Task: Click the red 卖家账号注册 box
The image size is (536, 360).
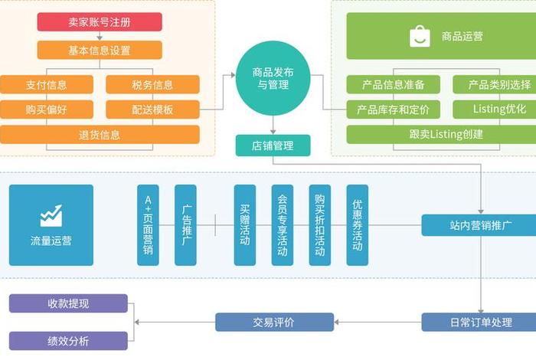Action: click(x=100, y=22)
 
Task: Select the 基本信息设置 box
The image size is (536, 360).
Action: click(x=100, y=51)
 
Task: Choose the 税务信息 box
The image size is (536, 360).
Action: click(x=152, y=84)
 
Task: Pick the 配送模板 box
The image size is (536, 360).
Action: click(x=152, y=110)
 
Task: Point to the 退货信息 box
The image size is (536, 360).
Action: click(x=100, y=135)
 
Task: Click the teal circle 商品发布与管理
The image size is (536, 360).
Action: click(x=273, y=78)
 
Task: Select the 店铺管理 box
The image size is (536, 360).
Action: click(x=273, y=145)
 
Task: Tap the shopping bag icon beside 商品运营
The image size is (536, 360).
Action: click(x=420, y=36)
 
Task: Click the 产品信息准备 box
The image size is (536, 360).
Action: click(x=393, y=84)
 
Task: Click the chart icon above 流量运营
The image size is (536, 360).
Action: click(x=51, y=214)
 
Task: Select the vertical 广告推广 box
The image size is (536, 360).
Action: click(x=186, y=225)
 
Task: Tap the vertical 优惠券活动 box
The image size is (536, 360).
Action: click(x=358, y=225)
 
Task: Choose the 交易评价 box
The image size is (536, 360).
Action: click(x=264, y=322)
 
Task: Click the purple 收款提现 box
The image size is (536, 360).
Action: click(x=68, y=304)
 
